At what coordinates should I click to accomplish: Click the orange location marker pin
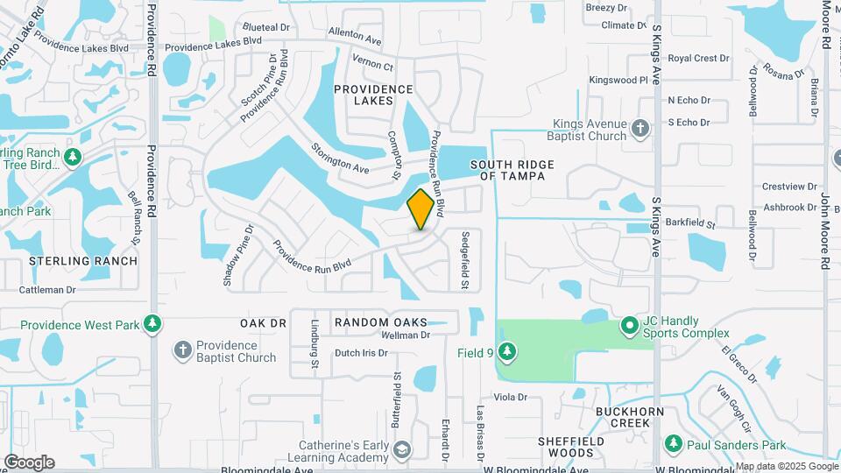(421, 209)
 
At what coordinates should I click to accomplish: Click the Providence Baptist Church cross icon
(183, 349)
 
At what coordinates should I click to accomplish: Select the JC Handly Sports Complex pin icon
(629, 327)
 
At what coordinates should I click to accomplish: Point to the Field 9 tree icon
(506, 352)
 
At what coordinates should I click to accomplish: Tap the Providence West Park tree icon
(153, 325)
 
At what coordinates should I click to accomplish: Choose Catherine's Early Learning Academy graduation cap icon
(401, 450)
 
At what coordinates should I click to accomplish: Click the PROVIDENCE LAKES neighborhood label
(373, 95)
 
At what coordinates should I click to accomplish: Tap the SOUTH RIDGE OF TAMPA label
(508, 170)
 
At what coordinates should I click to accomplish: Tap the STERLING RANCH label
(83, 261)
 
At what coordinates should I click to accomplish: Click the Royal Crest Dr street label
(698, 59)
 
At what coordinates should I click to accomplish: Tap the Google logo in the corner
(29, 462)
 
